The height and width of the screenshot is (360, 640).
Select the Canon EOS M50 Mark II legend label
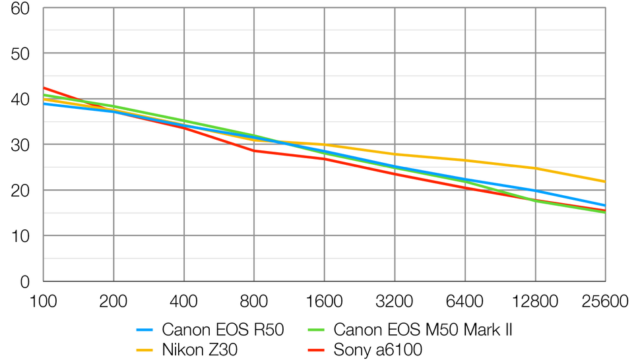coord(422,330)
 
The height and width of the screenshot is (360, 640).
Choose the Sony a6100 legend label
coord(377,349)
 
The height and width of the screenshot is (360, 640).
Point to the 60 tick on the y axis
coord(20,9)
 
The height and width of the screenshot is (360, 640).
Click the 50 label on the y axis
coord(20,53)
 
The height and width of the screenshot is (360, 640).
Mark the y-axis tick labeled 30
coord(20,144)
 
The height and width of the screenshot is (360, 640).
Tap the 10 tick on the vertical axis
coord(20,235)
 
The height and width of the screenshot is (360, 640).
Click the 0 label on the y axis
coord(25,282)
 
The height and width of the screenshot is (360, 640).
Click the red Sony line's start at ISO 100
coord(44,88)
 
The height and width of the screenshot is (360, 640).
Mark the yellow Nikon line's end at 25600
coord(605,182)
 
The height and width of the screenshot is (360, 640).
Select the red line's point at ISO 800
coord(254,151)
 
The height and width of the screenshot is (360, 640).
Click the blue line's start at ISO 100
coord(44,104)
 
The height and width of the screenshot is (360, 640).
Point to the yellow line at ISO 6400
coord(465,161)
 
